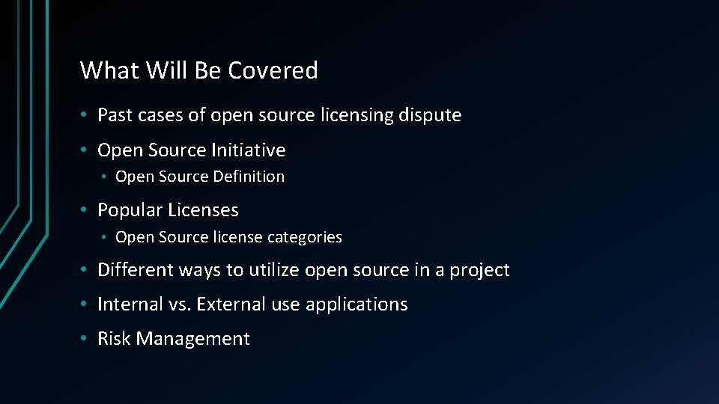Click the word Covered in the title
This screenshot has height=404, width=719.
(273, 70)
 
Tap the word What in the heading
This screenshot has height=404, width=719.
(110, 70)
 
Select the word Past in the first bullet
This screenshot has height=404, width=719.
(113, 115)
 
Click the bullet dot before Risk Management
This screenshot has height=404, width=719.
(87, 339)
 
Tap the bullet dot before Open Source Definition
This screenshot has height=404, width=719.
(106, 177)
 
